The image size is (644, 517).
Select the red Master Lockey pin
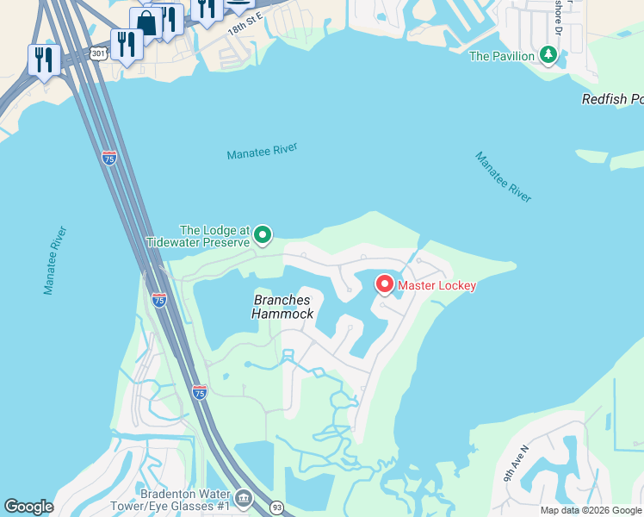(x=385, y=283)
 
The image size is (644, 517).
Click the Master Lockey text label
(x=437, y=285)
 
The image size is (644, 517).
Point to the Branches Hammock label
(x=282, y=307)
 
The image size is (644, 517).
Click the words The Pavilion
(x=503, y=57)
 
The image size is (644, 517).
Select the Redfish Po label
(x=612, y=99)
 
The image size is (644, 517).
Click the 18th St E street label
(x=245, y=23)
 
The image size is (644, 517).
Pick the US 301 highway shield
(x=98, y=53)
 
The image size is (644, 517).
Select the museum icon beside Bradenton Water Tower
(x=244, y=497)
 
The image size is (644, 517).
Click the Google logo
(x=28, y=507)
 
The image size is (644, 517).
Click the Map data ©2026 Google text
(x=591, y=510)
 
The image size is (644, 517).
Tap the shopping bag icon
(x=147, y=23)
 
